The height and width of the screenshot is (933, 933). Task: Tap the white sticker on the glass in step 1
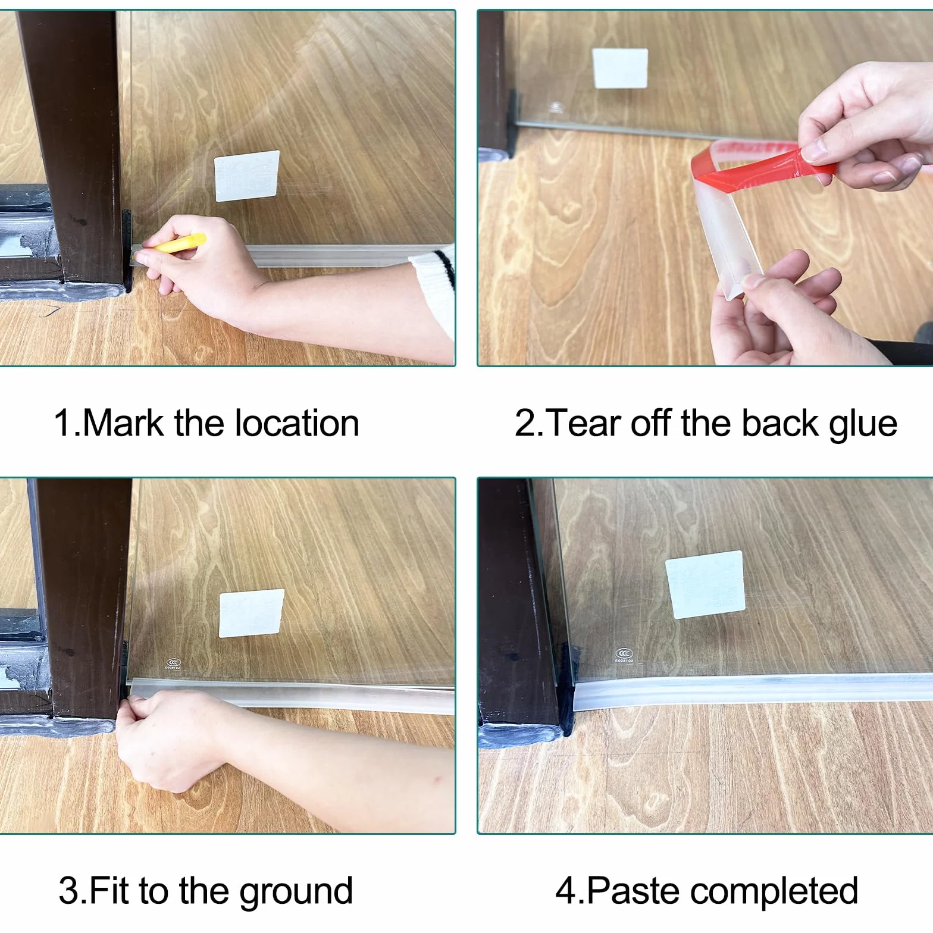[x=247, y=176]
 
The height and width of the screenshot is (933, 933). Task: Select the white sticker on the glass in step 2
[x=620, y=68]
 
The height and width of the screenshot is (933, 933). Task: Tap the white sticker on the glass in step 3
[x=251, y=613]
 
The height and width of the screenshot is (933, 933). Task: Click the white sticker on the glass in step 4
[x=705, y=585]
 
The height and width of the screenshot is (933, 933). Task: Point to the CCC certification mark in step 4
[x=624, y=656]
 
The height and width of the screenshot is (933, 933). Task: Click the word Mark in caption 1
[x=123, y=423]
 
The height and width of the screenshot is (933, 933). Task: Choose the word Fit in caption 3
[x=111, y=891]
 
